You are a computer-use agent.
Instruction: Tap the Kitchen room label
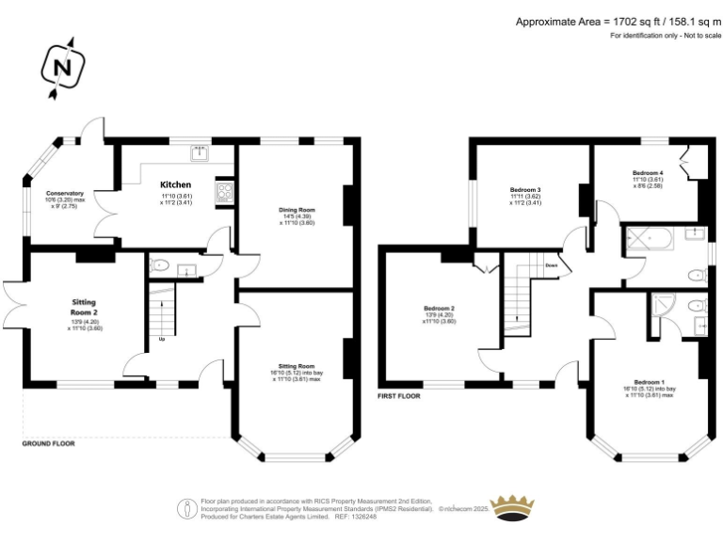[175, 184]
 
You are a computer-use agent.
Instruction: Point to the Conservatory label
[65, 193]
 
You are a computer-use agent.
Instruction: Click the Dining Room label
[297, 209]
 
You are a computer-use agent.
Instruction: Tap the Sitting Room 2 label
[84, 308]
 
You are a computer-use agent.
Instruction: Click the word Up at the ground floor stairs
[161, 339]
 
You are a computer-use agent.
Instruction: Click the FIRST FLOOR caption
[399, 396]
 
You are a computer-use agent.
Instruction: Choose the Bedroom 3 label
[525, 189]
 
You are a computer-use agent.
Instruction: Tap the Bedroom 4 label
[648, 173]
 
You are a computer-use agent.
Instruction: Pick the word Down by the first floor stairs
[552, 265]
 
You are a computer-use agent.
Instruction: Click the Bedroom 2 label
[439, 309]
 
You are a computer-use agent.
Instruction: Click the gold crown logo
[514, 506]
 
